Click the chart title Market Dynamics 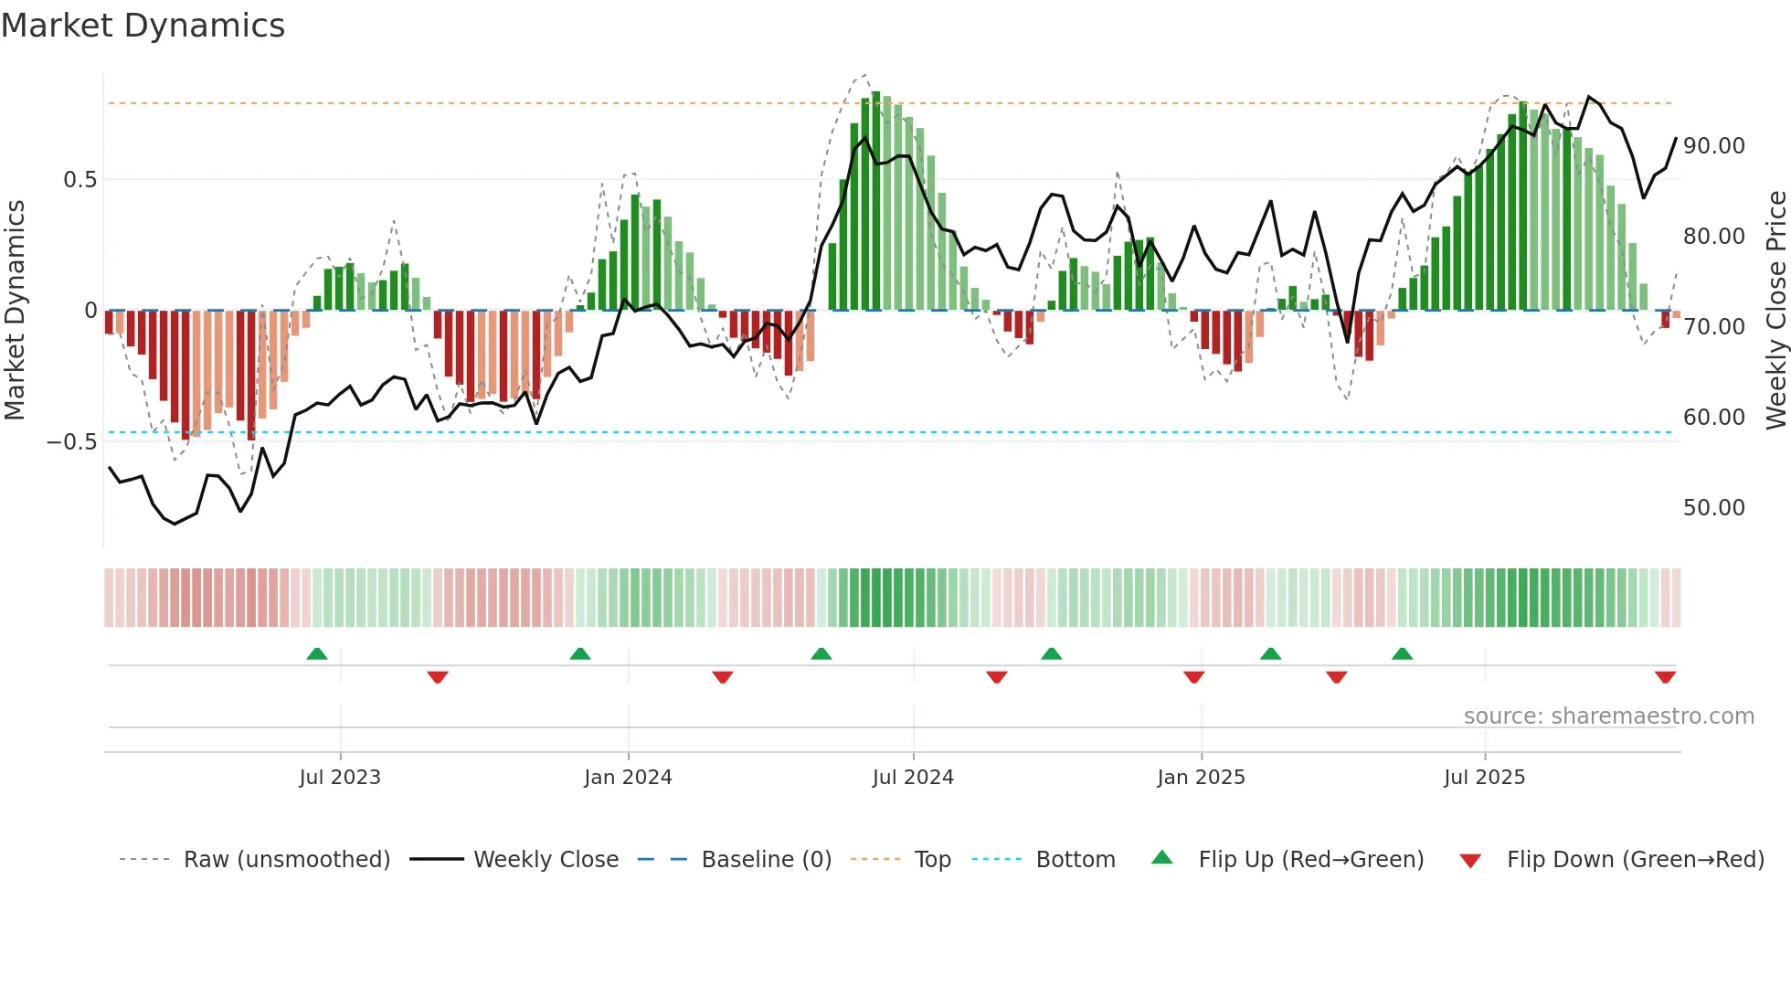coord(143,26)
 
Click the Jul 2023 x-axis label coord(340,777)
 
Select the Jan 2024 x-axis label coord(629,777)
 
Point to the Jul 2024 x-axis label coord(913,777)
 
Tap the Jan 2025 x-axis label coord(1201,777)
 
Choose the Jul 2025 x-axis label coord(1485,777)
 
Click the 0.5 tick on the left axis coord(80,180)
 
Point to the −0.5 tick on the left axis coord(72,442)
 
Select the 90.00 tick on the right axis coord(1714,146)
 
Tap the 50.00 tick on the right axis coord(1714,508)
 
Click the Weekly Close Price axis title coord(1776,311)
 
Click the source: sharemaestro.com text coord(1609,716)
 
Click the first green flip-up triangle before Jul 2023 coord(317,654)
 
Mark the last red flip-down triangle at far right coord(1665,677)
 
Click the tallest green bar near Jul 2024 coord(876,201)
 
